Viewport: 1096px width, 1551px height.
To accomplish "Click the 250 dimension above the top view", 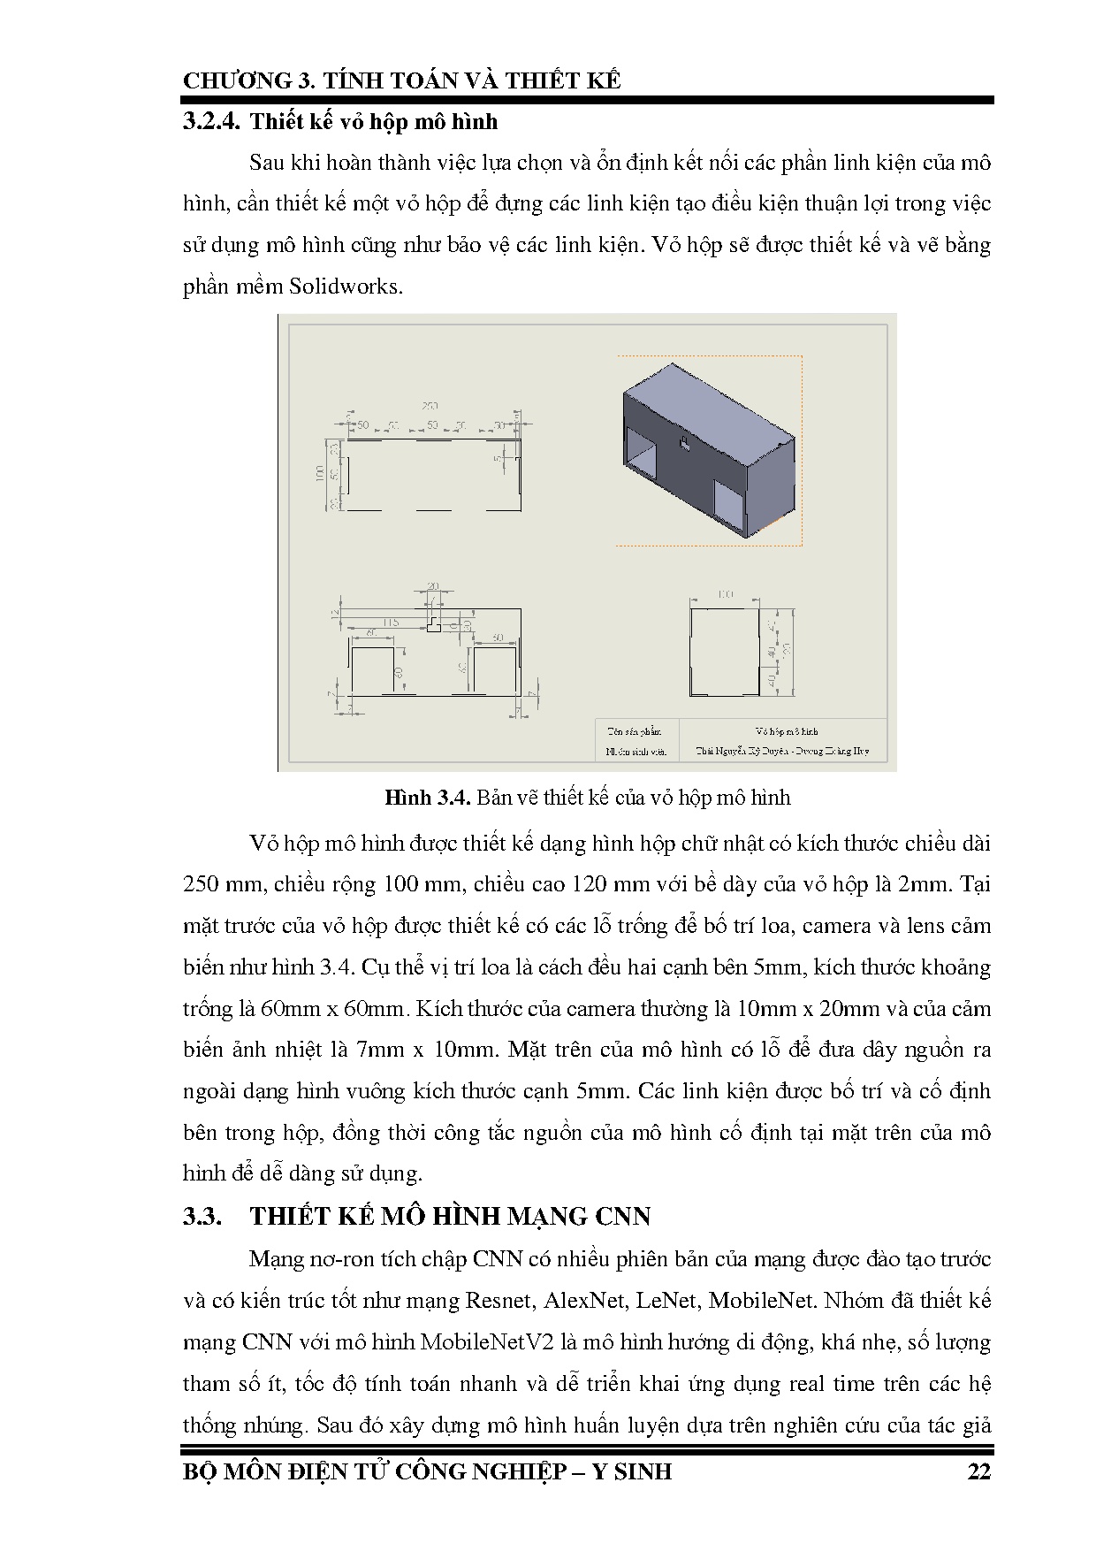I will coord(430,406).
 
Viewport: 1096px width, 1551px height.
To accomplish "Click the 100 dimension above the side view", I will coord(725,594).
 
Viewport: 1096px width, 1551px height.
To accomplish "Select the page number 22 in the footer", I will coord(978,1471).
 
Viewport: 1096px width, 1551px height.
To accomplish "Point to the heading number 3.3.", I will coord(202,1216).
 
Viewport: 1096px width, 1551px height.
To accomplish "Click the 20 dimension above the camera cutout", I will coord(433,586).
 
